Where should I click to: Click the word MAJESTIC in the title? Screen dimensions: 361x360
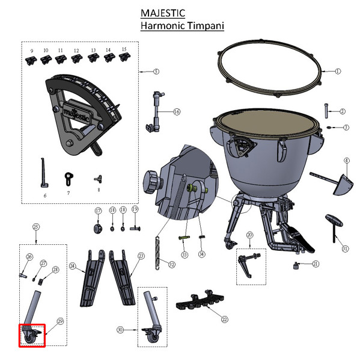(x=162, y=13)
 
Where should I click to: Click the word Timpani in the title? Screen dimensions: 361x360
(x=203, y=26)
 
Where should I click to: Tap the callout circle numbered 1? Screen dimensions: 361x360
(x=337, y=71)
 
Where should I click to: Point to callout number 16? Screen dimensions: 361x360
(x=176, y=112)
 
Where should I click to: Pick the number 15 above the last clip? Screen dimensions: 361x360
(x=124, y=49)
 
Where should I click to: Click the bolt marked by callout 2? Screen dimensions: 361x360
(x=325, y=110)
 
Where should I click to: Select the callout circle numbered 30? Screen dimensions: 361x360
(x=120, y=329)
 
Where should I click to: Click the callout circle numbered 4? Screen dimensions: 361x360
(x=346, y=161)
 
